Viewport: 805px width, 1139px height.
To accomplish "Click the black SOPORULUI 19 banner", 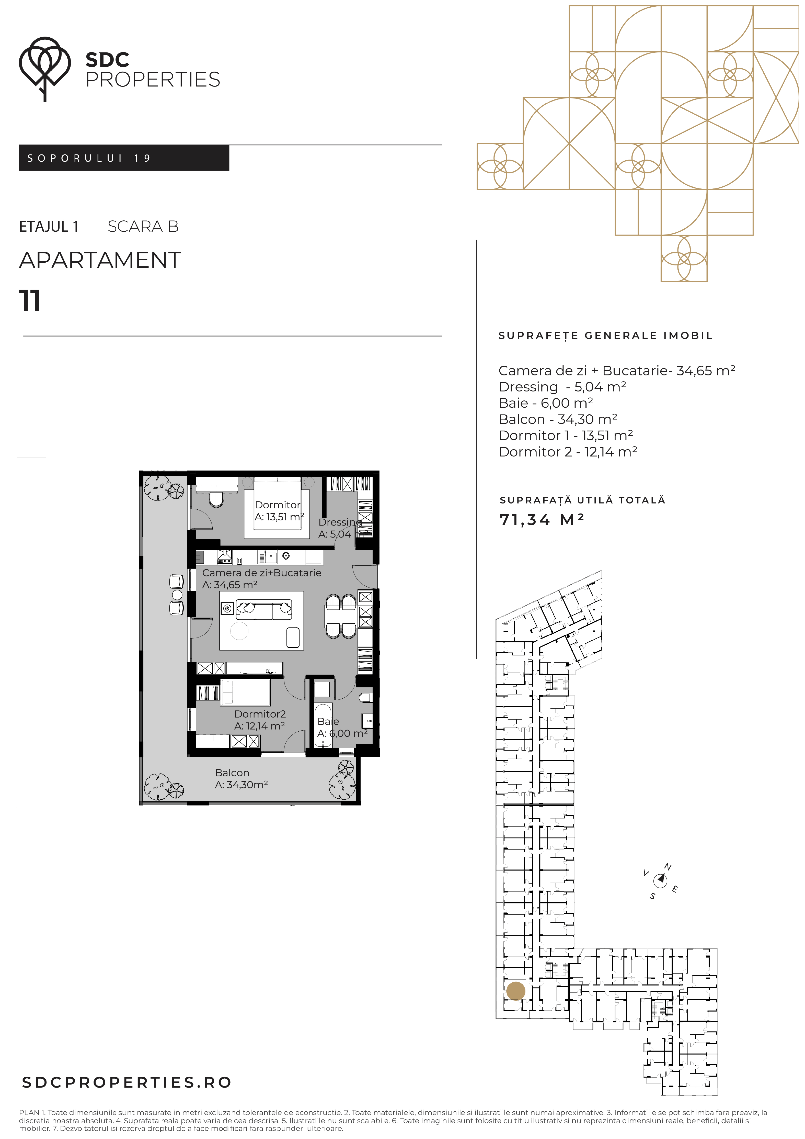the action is [124, 158].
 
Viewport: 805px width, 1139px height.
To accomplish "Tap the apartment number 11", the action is [30, 301].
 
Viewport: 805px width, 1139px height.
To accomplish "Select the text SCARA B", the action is [143, 227].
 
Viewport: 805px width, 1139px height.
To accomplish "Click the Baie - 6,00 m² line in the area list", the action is [546, 403].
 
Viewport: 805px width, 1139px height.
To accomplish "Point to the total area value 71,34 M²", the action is [542, 519].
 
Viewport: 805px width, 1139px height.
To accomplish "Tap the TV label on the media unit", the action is [267, 670].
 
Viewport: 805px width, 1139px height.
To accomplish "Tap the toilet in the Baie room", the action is [365, 697].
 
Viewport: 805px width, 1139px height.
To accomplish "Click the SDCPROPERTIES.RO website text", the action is [127, 1082].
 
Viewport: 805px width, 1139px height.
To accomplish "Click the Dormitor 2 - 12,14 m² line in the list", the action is [568, 451].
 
